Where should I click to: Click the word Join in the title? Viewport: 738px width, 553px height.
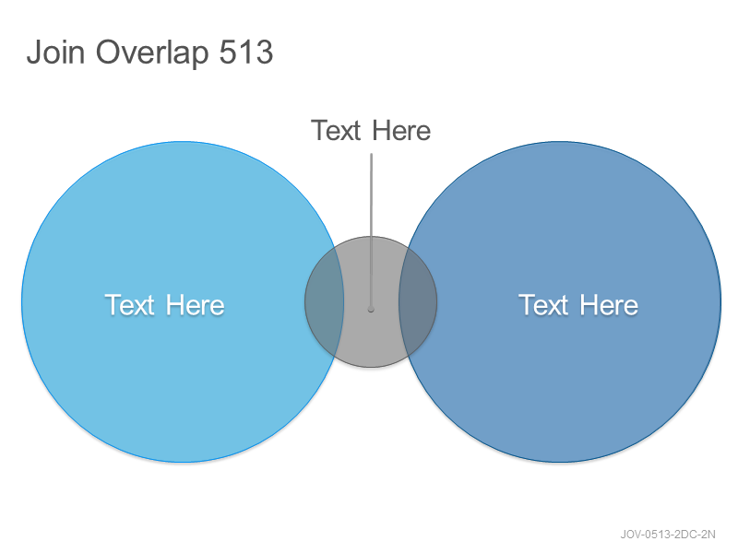[x=56, y=52]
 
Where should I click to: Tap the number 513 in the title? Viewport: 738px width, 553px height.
[x=246, y=52]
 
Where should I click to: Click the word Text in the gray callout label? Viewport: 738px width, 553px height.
[x=336, y=130]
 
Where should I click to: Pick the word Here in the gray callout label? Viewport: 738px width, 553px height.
[x=401, y=130]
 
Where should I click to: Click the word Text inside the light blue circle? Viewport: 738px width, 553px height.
[x=129, y=305]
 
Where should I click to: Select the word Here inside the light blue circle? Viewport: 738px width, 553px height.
[x=196, y=305]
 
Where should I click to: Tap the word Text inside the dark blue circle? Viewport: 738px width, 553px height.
[x=543, y=305]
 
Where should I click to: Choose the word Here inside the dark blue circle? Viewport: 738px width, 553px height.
[x=609, y=305]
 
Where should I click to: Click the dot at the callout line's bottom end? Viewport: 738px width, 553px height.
[x=371, y=310]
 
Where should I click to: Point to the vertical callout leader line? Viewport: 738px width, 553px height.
[x=371, y=230]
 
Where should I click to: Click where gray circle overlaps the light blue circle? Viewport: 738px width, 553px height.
[x=325, y=301]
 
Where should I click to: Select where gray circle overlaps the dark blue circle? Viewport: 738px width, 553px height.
[x=418, y=301]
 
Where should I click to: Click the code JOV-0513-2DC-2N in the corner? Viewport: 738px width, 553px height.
[x=667, y=535]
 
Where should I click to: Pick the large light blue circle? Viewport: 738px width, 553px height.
[x=183, y=302]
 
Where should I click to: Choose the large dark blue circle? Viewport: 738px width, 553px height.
[x=560, y=302]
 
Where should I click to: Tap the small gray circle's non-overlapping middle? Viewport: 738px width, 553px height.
[x=371, y=338]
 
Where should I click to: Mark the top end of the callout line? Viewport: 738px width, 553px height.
[x=371, y=154]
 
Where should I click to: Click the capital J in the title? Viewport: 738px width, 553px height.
[x=33, y=52]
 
